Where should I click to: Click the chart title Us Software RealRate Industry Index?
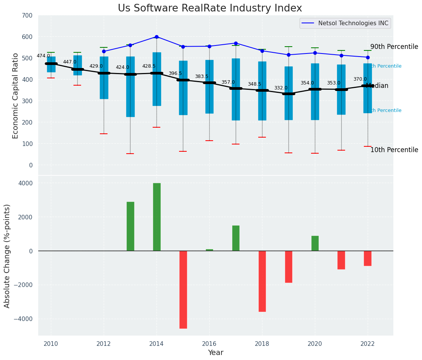tap(210, 8)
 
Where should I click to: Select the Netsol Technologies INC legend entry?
tap(345, 23)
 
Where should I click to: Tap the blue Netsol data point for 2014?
tap(156, 37)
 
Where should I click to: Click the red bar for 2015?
tap(183, 289)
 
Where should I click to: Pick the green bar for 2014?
tap(156, 217)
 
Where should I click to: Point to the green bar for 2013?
tap(130, 226)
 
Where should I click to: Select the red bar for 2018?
tap(262, 281)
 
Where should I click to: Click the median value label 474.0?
tap(43, 56)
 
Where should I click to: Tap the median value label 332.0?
tap(281, 88)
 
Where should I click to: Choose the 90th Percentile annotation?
tap(394, 47)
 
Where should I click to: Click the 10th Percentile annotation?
tap(394, 150)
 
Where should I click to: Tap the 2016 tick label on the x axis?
tap(209, 344)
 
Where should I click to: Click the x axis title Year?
tap(215, 353)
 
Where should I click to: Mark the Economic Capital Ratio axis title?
tap(16, 96)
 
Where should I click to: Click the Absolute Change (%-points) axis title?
tap(7, 256)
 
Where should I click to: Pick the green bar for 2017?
tap(236, 238)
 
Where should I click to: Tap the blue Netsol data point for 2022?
tap(368, 57)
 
